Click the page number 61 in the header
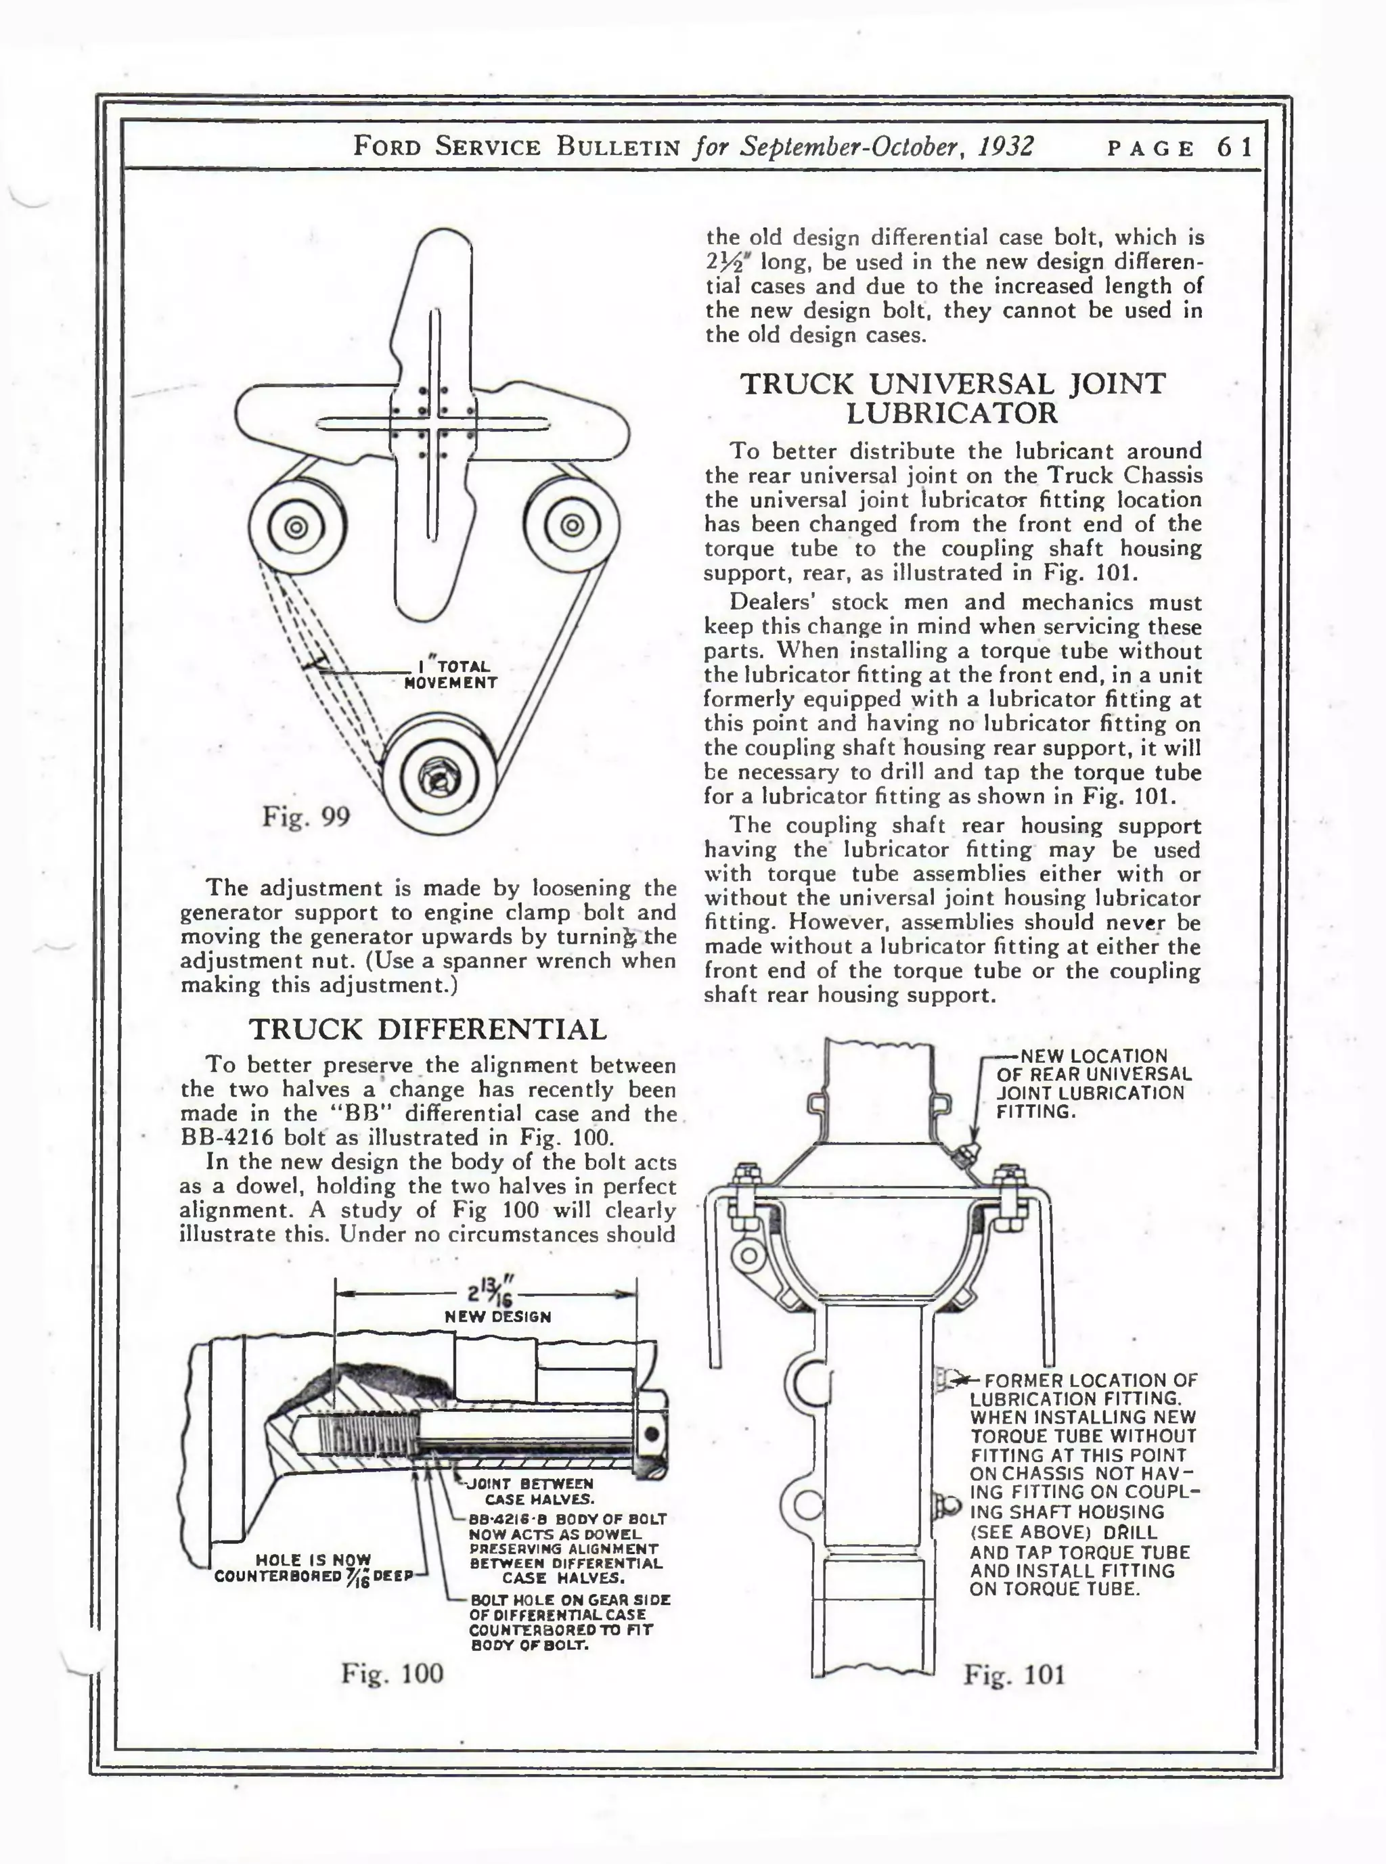(x=1234, y=147)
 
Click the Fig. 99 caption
(x=305, y=815)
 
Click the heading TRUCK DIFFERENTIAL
(x=428, y=1029)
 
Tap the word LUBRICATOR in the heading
(x=952, y=413)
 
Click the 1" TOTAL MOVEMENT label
(x=451, y=675)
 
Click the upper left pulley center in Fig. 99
(x=294, y=527)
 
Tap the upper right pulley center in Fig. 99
(x=572, y=526)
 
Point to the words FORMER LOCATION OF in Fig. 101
(x=1090, y=1381)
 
